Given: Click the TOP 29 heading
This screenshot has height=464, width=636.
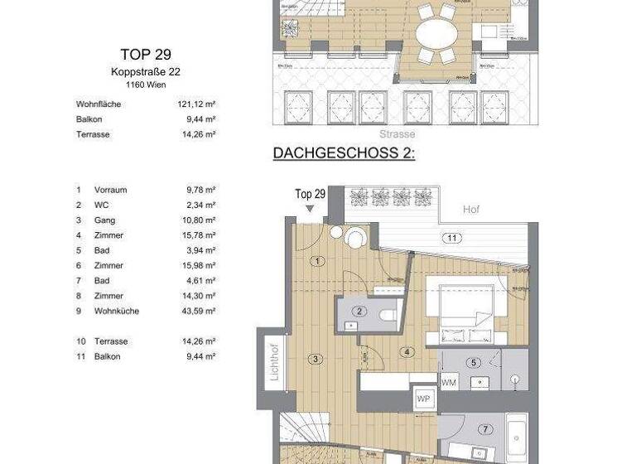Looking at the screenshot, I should coord(146,55).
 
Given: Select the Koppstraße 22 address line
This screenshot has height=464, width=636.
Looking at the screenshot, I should coord(146,72).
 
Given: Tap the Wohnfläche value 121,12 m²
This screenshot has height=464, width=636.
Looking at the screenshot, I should coord(201,104).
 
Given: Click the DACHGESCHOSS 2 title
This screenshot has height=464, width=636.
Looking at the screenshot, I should coord(344,154).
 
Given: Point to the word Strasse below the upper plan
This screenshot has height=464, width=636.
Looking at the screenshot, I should coord(397,134).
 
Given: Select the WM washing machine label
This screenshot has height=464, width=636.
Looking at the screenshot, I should coord(449,383).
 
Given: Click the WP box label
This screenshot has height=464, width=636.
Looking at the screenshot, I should coord(424,398).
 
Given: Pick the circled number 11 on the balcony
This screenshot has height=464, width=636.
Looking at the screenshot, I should coord(451,239).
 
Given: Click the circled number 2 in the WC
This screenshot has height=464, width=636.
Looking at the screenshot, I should coord(360,312).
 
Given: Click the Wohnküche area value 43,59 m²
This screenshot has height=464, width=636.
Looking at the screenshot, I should coord(201,311).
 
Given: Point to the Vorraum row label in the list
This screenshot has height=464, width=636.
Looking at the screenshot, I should coord(110,190).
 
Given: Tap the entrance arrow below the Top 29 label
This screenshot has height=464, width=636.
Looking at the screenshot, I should coord(309,208).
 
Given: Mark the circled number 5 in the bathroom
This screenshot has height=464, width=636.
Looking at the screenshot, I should coord(474,362).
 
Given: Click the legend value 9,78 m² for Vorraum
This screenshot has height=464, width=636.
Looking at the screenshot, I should coord(201,190).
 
